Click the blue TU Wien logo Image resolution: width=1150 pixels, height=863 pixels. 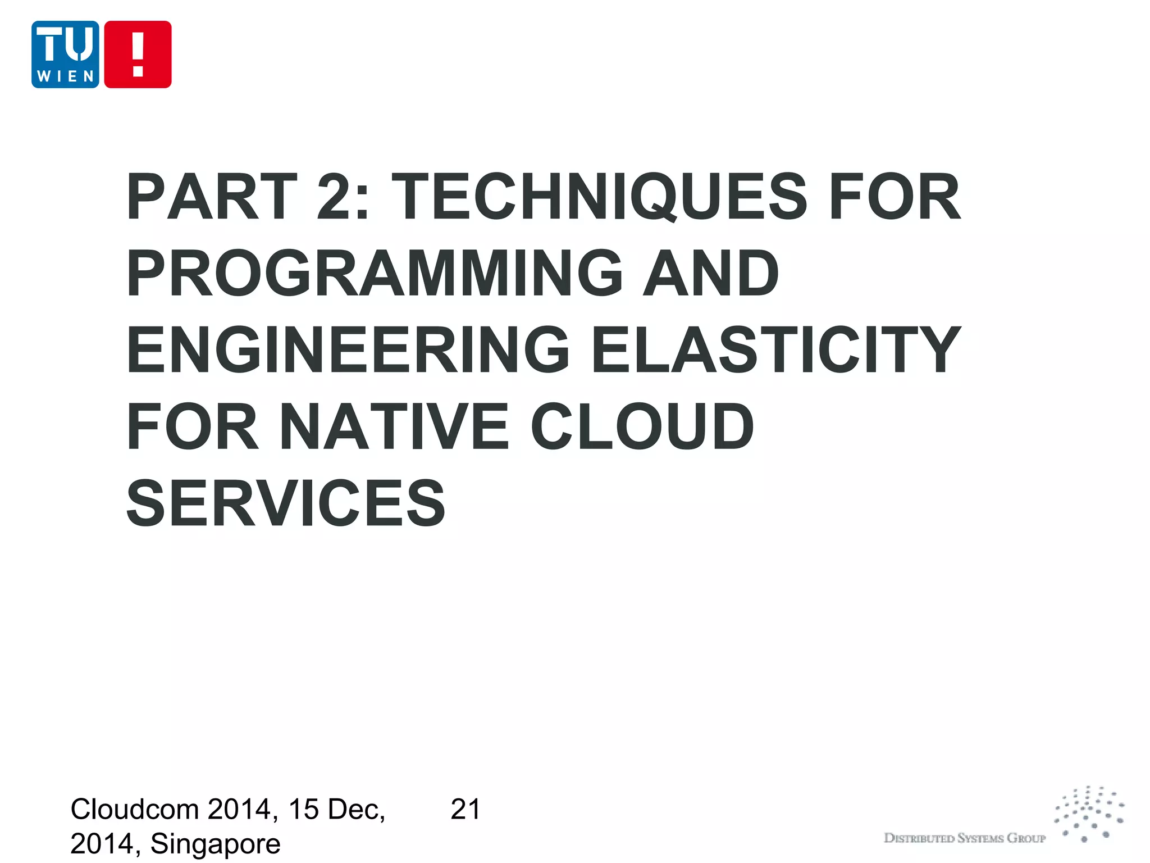[65, 54]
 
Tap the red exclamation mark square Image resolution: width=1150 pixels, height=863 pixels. [138, 54]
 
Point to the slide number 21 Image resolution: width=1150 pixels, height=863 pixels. [465, 810]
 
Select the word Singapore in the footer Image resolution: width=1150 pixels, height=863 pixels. [215, 844]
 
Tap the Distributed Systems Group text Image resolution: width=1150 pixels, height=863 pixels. [964, 838]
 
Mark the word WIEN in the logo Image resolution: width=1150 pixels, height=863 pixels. [65, 76]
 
